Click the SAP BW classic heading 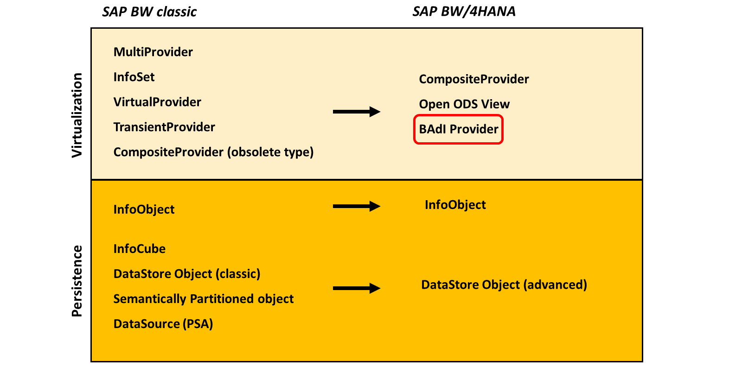149,12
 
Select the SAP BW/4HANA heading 464,12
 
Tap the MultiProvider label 153,52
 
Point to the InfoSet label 134,77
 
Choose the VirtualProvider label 157,102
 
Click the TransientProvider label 164,127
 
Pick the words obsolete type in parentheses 270,152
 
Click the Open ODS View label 464,104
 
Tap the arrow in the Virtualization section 357,112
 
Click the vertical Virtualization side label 77,115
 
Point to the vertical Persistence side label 77,281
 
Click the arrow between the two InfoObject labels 357,206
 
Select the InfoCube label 139,249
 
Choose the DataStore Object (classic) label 187,274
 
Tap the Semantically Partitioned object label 204,299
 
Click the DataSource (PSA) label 163,324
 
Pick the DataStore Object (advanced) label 504,285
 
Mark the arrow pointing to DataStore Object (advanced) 357,288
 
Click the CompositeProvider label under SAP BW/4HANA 473,79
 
